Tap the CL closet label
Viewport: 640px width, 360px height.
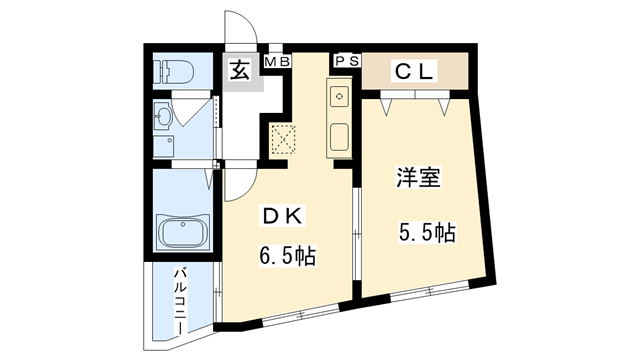[414, 71]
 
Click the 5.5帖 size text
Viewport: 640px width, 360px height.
[427, 234]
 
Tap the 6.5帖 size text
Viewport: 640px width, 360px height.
[287, 257]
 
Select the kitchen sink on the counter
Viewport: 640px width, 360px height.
[338, 98]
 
